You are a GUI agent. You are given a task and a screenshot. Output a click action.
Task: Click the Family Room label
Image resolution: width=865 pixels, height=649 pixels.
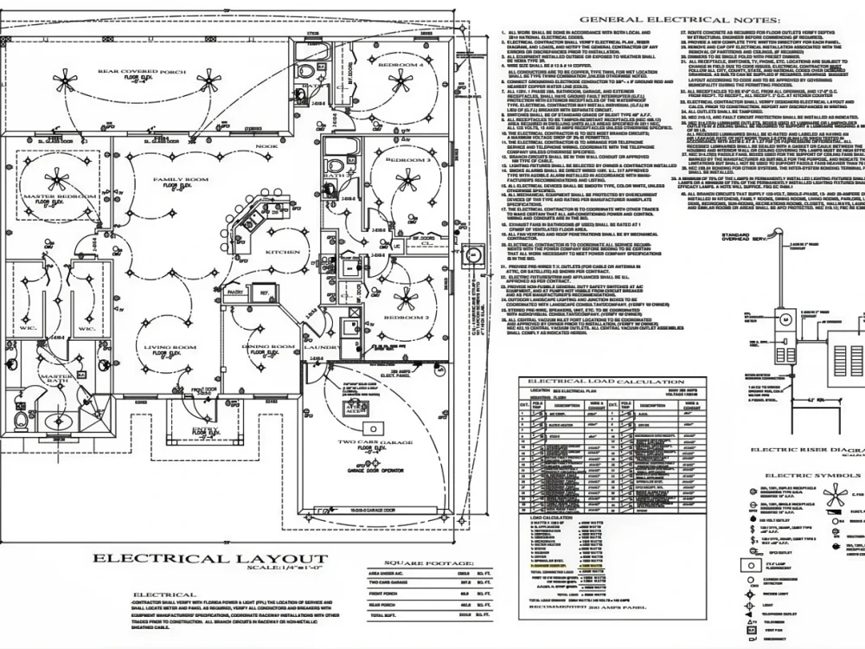tap(177, 179)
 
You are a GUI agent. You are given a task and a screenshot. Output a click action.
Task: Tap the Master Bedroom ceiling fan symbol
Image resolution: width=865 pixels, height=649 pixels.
tap(57, 181)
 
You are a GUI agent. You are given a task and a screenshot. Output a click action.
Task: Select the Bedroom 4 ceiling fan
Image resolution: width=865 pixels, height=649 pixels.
tap(400, 82)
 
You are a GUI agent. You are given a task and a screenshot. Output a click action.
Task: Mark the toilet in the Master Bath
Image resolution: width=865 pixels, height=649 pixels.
tap(22, 421)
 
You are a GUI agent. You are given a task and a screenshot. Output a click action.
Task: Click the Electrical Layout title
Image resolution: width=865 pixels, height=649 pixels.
tap(210, 559)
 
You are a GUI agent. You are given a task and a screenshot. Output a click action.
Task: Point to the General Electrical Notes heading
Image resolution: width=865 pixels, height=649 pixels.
tap(679, 20)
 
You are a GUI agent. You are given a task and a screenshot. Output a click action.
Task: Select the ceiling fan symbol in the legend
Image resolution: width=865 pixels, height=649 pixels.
tap(834, 496)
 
